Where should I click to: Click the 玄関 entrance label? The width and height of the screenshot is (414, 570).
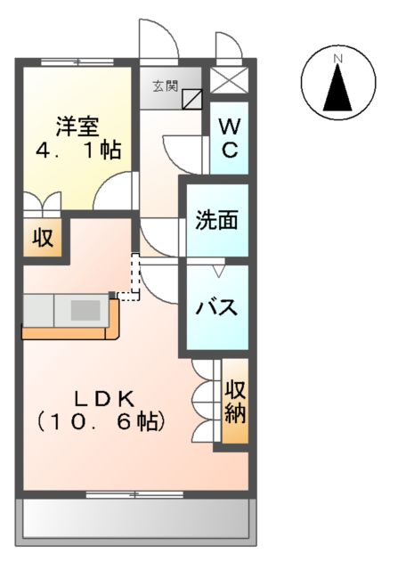coord(164,86)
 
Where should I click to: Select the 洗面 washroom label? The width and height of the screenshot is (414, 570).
coord(217,219)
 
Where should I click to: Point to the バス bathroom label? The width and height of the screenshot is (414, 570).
coord(216,308)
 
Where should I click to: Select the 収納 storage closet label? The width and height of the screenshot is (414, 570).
coord(235,401)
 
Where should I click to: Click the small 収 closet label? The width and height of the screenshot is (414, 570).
coord(43,239)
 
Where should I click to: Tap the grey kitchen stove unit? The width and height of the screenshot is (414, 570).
coord(85,310)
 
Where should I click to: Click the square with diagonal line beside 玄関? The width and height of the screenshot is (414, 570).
coord(192,98)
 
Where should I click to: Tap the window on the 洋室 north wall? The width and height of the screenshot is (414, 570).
coord(77,61)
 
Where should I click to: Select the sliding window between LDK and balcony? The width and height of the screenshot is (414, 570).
coord(134,493)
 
